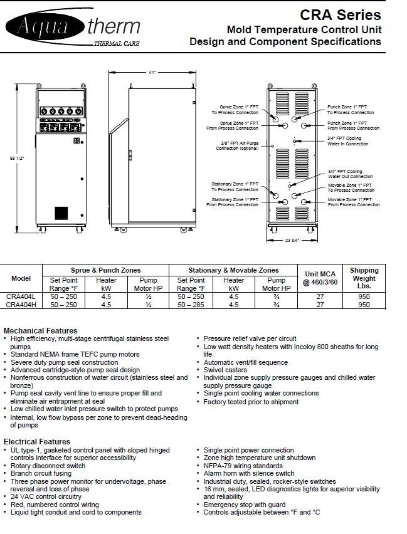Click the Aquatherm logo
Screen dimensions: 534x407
pyautogui.click(x=72, y=28)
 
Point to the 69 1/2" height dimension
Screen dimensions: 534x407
pyautogui.click(x=18, y=158)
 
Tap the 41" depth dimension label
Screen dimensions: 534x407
pyautogui.click(x=152, y=73)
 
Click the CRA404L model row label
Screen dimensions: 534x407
pyautogui.click(x=21, y=296)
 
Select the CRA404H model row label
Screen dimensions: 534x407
pyautogui.click(x=21, y=305)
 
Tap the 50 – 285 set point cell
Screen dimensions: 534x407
pyautogui.click(x=191, y=305)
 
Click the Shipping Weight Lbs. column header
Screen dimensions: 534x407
pyautogui.click(x=364, y=278)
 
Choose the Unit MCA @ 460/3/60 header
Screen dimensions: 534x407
pyautogui.click(x=320, y=278)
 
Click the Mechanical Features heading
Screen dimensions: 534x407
pyautogui.click(x=41, y=330)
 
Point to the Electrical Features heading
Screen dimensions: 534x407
pyautogui.click(x=37, y=442)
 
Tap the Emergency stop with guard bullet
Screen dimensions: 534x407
pyautogui.click(x=244, y=505)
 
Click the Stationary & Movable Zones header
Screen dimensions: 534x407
pyautogui.click(x=233, y=270)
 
